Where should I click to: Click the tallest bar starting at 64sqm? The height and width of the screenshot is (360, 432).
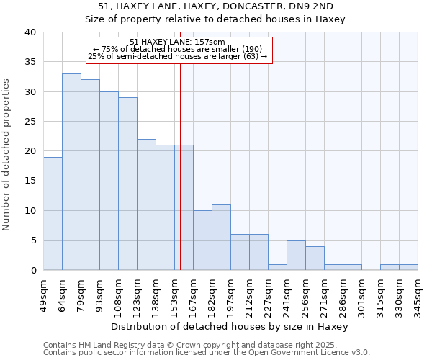(71, 172)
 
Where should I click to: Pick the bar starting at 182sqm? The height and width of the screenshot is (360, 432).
(221, 238)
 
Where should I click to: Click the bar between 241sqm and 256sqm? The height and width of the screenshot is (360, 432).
(296, 256)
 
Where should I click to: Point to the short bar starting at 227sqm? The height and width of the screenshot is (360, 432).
(277, 267)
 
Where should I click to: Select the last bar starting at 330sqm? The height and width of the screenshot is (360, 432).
(408, 267)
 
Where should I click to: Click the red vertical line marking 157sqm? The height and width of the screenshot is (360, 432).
(180, 180)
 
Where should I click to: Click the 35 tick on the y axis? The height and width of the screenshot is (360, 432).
(31, 62)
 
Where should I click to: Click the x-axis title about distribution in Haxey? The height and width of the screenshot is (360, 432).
(230, 326)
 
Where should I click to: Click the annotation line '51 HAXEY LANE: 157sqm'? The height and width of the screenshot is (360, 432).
(178, 42)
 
